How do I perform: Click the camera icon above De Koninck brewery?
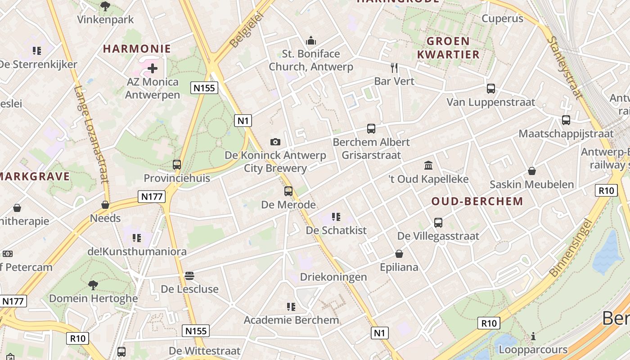point(275,142)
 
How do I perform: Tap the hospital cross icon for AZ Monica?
point(153,68)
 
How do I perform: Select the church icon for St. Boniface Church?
point(311,41)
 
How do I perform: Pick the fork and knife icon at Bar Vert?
point(394,68)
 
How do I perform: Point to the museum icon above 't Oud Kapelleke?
point(428,166)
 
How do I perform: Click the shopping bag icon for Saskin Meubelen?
point(532,171)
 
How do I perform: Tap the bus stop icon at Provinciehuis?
point(177,165)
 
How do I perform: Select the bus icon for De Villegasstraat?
point(438,222)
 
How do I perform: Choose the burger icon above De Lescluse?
point(189,275)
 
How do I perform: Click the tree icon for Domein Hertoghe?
point(93,285)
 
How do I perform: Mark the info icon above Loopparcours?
point(533,336)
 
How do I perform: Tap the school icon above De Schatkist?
point(336,217)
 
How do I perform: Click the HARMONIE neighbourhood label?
point(137,49)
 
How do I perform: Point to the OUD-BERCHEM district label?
point(477,201)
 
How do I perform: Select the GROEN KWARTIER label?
point(448,48)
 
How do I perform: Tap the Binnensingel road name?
point(570,248)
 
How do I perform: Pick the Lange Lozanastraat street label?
point(92,135)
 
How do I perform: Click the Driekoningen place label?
point(333,277)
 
